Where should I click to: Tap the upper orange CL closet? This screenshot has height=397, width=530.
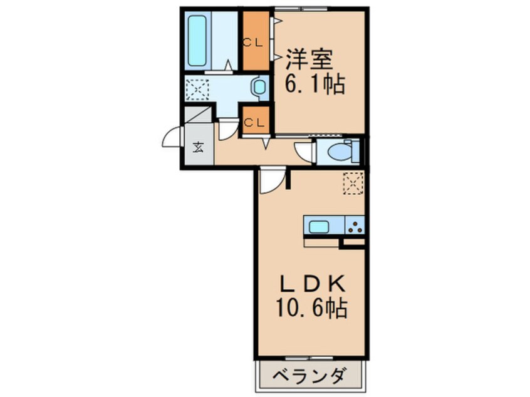click(x=256, y=41)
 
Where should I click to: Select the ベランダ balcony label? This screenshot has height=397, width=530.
click(x=309, y=376)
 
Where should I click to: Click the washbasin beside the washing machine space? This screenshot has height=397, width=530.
click(x=258, y=87)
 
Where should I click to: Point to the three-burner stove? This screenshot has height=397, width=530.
click(x=355, y=225)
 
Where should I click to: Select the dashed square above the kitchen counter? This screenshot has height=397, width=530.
click(x=353, y=183)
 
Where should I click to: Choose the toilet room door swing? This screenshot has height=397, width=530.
click(x=304, y=152)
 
